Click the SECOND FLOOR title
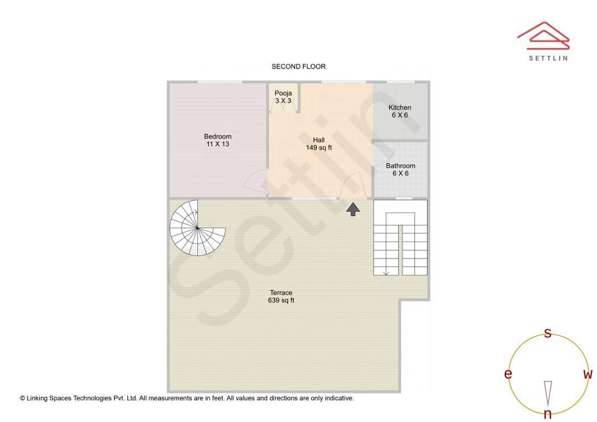(x=298, y=66)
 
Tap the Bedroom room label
(x=218, y=136)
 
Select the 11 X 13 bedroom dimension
(x=218, y=144)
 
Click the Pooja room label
(x=283, y=93)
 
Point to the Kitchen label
(x=400, y=108)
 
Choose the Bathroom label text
(x=401, y=166)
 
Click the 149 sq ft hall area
(x=319, y=147)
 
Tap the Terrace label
(x=281, y=293)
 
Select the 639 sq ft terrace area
(x=281, y=300)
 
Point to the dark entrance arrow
(x=353, y=208)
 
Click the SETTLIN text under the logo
(x=548, y=58)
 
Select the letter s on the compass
(x=548, y=333)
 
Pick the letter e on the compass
(x=507, y=374)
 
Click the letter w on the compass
(x=588, y=374)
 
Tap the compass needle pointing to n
(x=548, y=393)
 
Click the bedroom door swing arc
(x=255, y=181)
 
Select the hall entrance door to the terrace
(x=352, y=185)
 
